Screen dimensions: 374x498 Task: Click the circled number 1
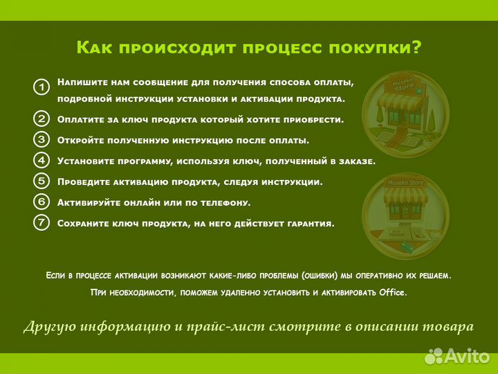tap(41, 88)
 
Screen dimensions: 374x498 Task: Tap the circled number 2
tap(41, 118)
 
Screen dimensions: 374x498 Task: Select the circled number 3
tap(41, 139)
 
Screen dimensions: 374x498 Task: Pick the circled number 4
tap(41, 160)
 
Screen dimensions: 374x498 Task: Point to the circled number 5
tap(41, 181)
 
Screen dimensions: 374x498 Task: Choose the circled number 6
tap(41, 202)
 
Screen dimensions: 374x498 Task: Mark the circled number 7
tap(41, 223)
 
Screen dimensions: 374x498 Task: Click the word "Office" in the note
tap(393, 292)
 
